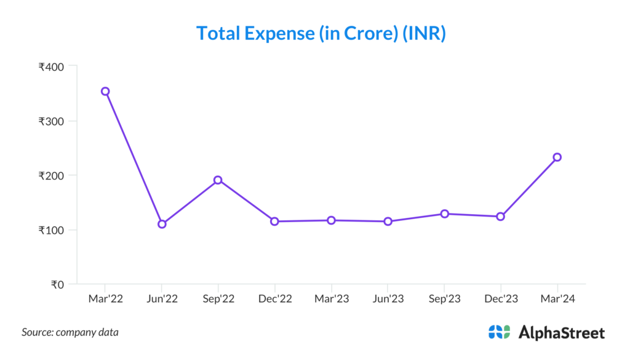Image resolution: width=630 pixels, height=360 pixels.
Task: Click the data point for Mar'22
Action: point(105,91)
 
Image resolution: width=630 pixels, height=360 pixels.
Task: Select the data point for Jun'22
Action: point(162,224)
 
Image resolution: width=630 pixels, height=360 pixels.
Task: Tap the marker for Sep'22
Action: point(218,180)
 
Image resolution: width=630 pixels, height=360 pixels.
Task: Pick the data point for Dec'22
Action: point(274,221)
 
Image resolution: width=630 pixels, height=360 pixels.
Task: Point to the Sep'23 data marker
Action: point(444,214)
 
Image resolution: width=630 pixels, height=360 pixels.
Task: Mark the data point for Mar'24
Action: point(557,157)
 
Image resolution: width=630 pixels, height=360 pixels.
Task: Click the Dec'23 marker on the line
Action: point(501,217)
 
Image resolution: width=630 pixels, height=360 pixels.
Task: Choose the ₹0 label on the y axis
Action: point(57,285)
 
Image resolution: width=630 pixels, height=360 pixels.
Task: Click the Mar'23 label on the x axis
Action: point(331,299)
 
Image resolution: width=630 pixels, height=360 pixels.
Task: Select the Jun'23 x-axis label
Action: point(388,299)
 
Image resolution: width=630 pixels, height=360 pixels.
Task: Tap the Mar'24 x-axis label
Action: point(557,299)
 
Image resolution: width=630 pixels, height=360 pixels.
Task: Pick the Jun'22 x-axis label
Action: point(162,299)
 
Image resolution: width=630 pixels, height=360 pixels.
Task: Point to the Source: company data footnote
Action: point(70,332)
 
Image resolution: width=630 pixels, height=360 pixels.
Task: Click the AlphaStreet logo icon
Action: point(499,332)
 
